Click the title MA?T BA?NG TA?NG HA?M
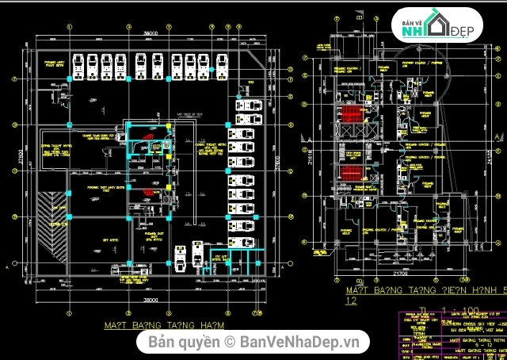[x=164, y=325]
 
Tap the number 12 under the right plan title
[x=352, y=302]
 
